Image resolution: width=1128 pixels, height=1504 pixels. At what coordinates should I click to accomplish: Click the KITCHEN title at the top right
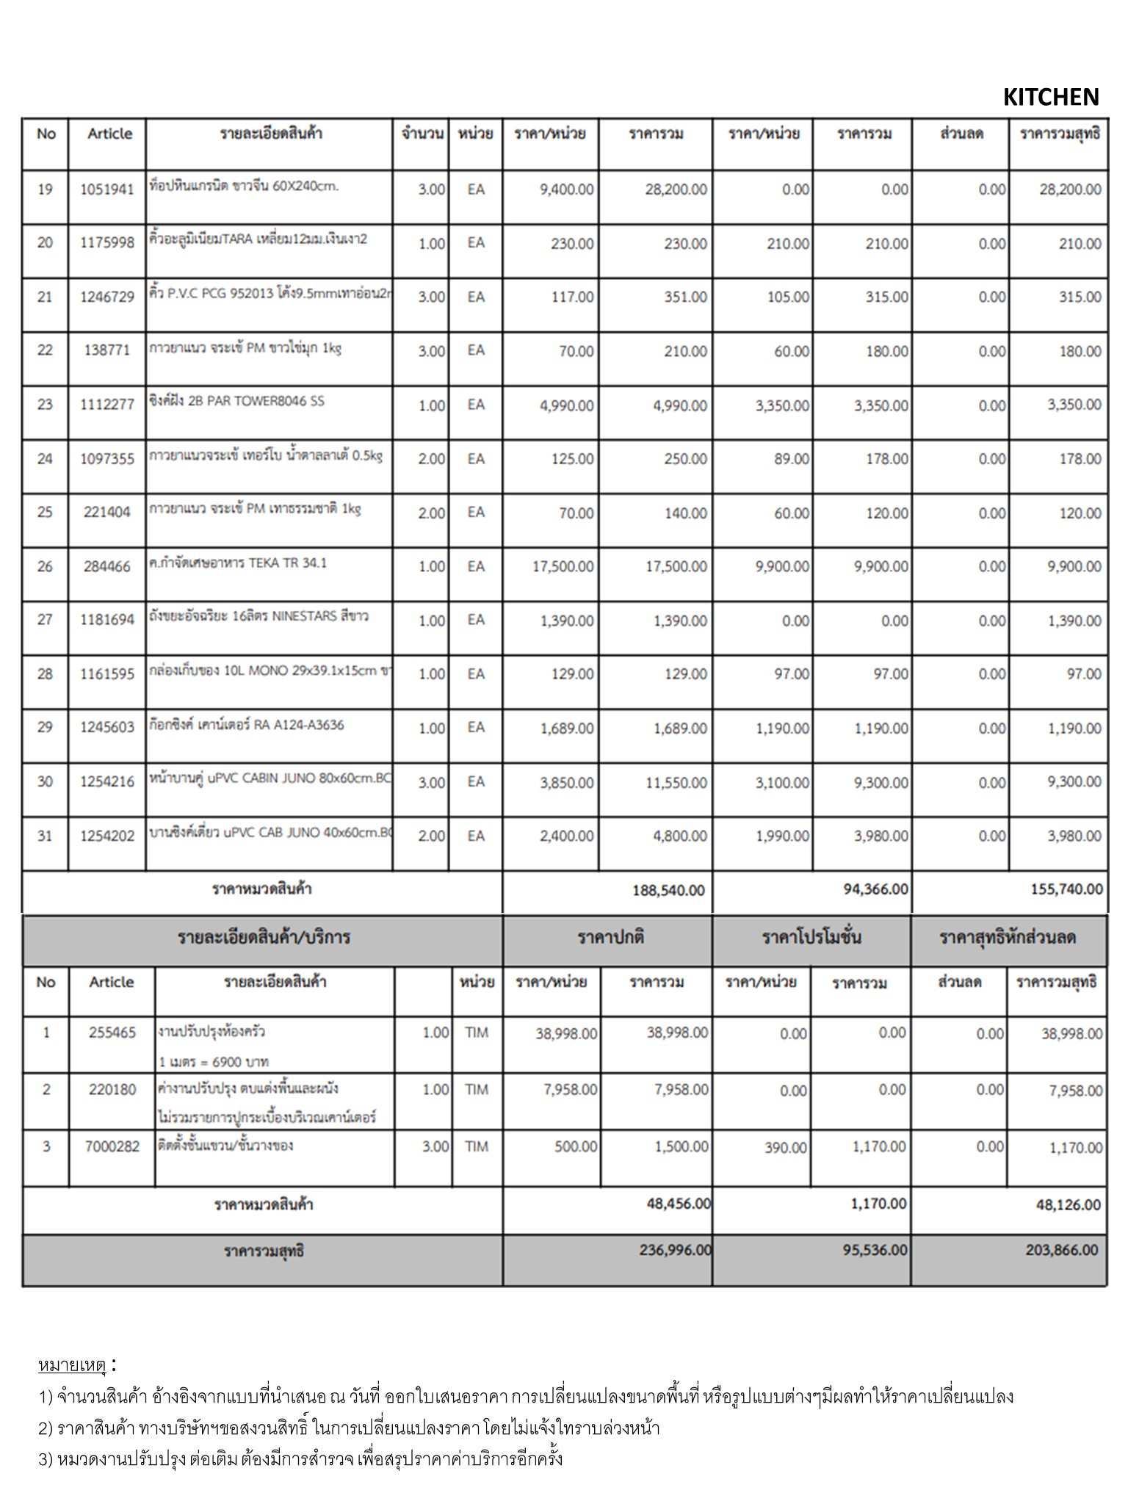pos(1050,97)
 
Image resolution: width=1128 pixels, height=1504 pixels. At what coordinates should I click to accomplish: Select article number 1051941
pos(107,189)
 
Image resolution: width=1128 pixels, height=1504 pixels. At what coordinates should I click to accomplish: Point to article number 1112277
pos(107,405)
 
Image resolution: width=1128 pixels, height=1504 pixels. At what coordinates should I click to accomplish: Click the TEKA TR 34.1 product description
pos(237,563)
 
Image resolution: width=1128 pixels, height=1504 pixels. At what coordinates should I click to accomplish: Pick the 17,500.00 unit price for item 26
pos(563,566)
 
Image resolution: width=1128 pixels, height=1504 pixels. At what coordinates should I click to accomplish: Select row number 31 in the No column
pos(45,836)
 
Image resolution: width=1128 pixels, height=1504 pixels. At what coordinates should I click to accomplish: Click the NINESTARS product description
pos(258,617)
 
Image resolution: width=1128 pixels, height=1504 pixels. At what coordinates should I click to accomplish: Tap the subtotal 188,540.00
pos(668,890)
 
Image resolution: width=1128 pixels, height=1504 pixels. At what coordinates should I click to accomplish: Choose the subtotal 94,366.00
pos(875,889)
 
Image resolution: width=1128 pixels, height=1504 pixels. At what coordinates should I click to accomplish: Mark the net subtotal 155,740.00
pos(1066,889)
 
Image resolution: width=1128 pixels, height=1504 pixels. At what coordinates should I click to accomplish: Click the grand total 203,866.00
pos(1062,1250)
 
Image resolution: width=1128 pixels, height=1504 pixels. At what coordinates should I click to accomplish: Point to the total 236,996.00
pos(675,1250)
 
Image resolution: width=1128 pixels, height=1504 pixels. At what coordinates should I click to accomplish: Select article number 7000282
pos(112,1146)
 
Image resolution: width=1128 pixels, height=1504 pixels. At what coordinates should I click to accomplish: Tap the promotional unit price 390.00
pos(786,1147)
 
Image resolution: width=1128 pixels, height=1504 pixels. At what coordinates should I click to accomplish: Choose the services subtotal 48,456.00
pos(679,1204)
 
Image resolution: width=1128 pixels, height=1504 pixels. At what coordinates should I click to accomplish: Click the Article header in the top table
pos(110,134)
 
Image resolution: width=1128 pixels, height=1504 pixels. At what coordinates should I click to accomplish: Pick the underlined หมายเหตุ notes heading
pos(73,1366)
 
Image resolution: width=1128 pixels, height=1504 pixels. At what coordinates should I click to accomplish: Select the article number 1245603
pos(107,727)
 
